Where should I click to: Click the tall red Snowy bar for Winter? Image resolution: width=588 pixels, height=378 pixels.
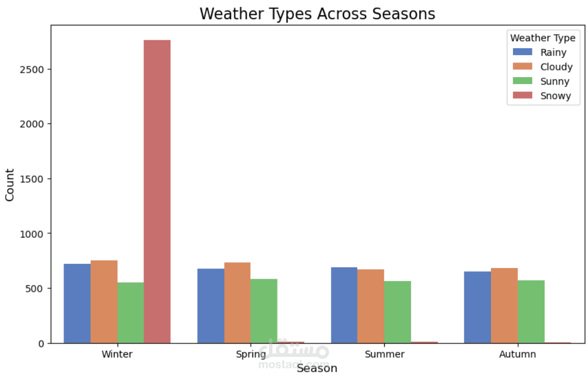[x=157, y=191]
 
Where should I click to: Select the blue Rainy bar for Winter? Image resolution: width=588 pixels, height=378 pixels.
[x=77, y=304]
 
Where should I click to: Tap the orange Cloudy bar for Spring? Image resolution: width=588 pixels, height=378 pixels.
[x=237, y=303]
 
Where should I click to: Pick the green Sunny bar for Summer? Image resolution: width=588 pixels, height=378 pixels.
[x=397, y=312]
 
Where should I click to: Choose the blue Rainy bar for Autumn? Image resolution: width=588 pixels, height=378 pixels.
[x=478, y=307]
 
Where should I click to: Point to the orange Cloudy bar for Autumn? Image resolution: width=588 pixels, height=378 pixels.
[x=505, y=305]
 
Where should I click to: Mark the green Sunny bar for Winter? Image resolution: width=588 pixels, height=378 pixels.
[x=131, y=313]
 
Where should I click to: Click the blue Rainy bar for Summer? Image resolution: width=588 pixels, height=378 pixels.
[x=345, y=305]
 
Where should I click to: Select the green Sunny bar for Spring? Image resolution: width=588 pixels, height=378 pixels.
[x=264, y=311]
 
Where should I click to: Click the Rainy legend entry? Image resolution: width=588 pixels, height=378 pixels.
[x=540, y=52]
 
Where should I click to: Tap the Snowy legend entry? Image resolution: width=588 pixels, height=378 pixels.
[x=542, y=95]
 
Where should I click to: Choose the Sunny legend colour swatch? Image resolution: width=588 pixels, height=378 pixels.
[x=522, y=81]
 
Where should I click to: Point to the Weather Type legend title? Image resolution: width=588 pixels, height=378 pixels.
[x=543, y=38]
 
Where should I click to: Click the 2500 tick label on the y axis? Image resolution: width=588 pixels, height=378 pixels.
[x=32, y=70]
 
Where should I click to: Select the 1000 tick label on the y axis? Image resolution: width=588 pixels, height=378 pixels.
[x=32, y=234]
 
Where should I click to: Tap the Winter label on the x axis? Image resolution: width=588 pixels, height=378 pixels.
[x=117, y=354]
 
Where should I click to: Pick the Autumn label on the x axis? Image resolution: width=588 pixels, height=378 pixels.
[x=518, y=354]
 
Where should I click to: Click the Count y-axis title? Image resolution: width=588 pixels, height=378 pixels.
[x=10, y=185]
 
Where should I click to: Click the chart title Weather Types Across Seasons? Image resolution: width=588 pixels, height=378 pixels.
[x=317, y=14]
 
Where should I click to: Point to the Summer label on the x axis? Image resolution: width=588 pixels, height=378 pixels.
[x=384, y=354]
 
